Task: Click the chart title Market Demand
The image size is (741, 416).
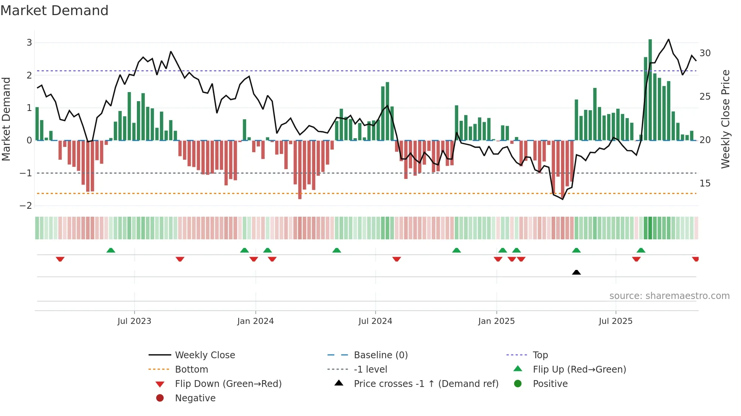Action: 54,11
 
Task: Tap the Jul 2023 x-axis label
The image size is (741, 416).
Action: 134,321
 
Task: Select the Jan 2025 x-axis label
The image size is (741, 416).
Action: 496,321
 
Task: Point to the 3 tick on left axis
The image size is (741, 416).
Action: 29,43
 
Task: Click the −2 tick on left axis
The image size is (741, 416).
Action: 26,206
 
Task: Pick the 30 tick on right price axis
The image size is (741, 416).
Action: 705,53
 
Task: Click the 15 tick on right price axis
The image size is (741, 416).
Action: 705,183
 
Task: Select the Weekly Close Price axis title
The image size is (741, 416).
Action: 725,119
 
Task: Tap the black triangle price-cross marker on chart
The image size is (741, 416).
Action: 576,273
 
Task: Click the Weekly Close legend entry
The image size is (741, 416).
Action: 205,355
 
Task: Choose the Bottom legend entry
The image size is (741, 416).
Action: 191,370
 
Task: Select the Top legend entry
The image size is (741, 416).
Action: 540,355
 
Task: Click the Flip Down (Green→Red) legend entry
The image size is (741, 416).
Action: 228,384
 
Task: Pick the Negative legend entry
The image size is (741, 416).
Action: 195,398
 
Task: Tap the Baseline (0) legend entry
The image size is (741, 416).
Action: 380,355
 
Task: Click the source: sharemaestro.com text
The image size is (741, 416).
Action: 669,296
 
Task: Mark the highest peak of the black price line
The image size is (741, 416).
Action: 668,39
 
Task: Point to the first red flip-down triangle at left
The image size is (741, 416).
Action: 60,259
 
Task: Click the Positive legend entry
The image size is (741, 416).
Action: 550,384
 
